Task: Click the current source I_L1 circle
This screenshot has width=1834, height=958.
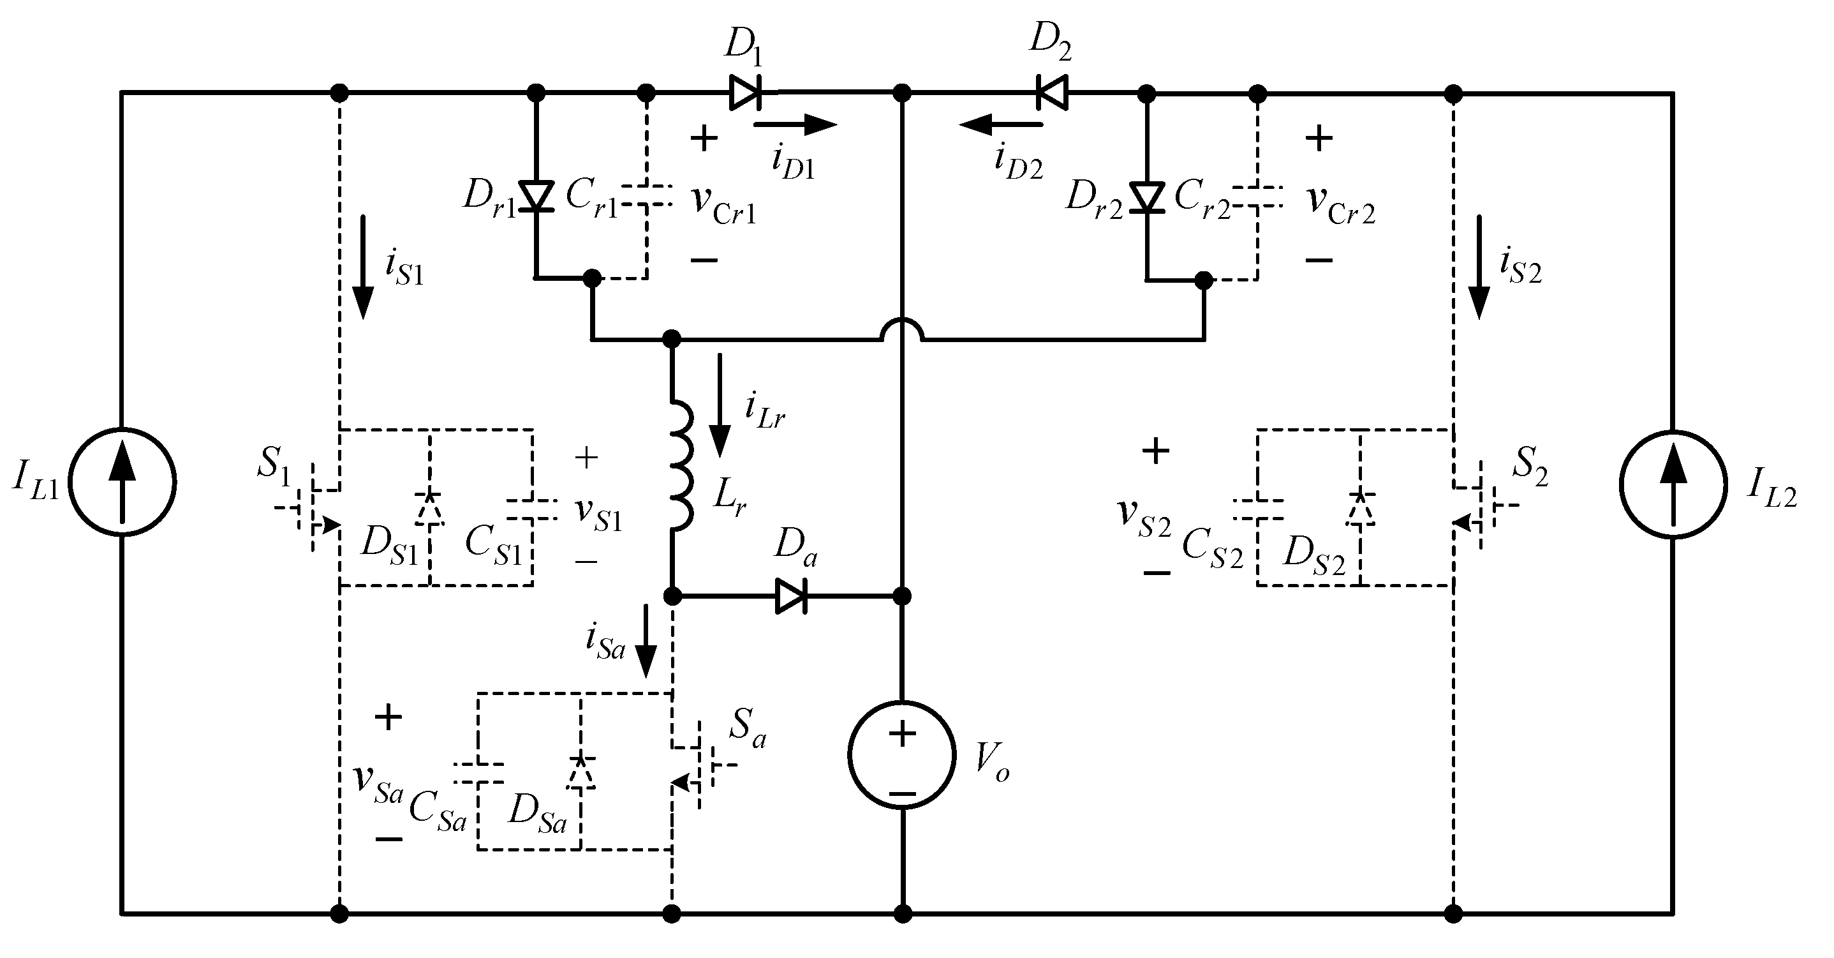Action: click(x=122, y=483)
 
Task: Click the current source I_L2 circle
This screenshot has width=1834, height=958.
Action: click(x=1673, y=484)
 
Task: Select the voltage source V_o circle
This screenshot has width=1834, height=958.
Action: click(x=901, y=755)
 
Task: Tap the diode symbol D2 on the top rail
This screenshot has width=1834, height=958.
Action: click(x=1053, y=93)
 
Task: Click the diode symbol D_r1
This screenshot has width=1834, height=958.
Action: click(x=535, y=197)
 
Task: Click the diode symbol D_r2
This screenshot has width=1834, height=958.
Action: click(x=1147, y=197)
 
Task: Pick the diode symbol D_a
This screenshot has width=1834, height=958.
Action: click(x=790, y=595)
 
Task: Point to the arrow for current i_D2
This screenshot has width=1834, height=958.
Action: click(x=1000, y=124)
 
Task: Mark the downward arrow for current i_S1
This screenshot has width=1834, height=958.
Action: click(x=363, y=267)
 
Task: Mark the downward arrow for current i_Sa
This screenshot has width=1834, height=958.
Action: click(x=646, y=641)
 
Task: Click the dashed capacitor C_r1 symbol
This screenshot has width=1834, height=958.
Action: click(x=646, y=196)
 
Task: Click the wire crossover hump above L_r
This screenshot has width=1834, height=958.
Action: click(x=902, y=330)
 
